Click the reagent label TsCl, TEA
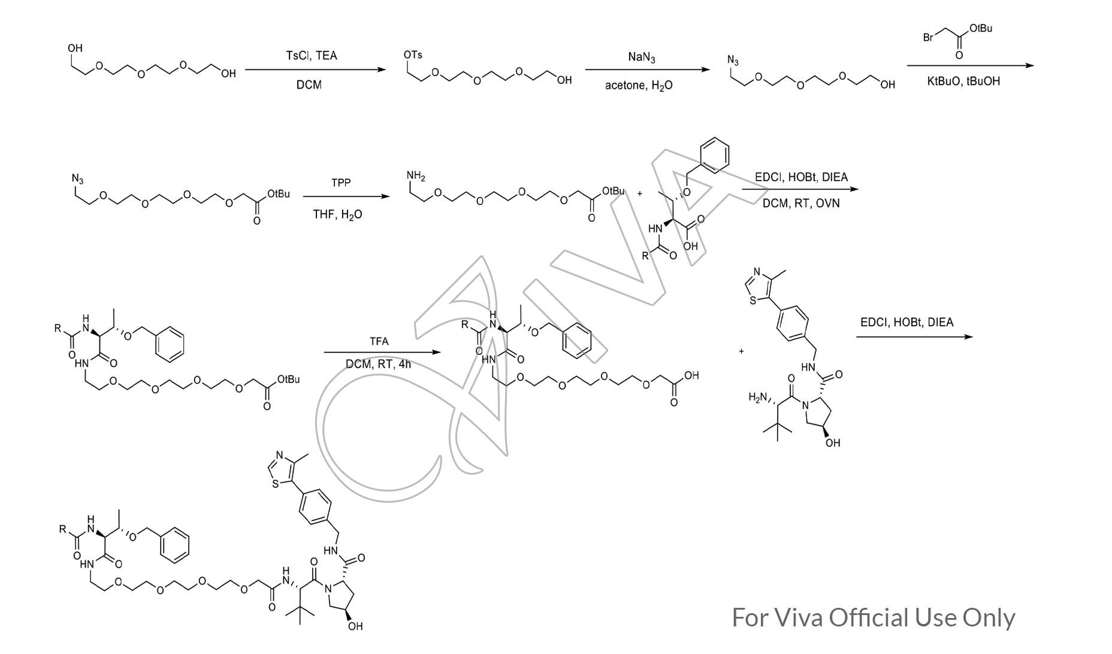311,56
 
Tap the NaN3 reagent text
642,58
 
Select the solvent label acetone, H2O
639,86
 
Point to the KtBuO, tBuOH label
963,82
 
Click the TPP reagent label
341,183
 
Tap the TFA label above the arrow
379,342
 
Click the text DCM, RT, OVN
801,204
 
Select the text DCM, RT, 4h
378,364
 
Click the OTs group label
413,55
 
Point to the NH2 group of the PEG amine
415,176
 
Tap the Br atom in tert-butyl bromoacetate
928,38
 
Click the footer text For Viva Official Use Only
874,617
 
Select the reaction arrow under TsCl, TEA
315,70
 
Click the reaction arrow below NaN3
647,70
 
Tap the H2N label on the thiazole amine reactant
759,397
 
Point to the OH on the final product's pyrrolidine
355,626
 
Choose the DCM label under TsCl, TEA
309,85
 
